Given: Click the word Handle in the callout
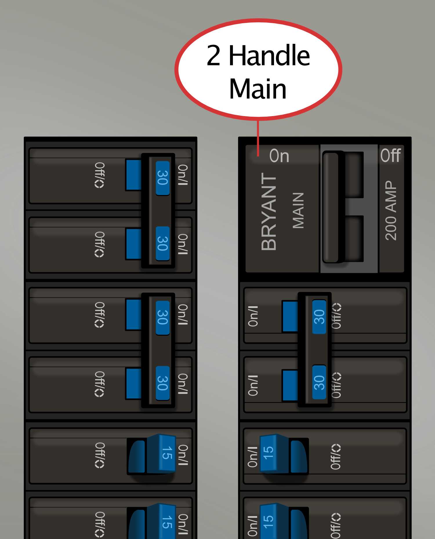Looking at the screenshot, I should (x=269, y=56).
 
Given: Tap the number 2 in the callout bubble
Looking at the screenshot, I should (x=214, y=56).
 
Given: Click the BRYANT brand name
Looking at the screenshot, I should (x=269, y=212).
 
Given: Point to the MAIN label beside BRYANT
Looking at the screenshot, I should (x=298, y=210).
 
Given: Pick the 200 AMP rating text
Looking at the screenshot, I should (x=391, y=210).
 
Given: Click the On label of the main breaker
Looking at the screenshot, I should (x=279, y=156).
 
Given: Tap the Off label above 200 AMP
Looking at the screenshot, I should (x=391, y=155).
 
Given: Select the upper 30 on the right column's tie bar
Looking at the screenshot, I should (x=319, y=317).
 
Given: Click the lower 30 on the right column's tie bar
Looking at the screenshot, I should (x=319, y=382).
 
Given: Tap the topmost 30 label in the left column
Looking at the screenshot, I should (x=163, y=178).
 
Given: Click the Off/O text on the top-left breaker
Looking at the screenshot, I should (x=99, y=175).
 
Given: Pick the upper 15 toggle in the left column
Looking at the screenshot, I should (x=166, y=453).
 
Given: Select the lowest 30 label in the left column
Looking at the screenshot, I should (x=163, y=383).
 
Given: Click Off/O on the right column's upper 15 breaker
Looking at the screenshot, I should (x=336, y=457).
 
